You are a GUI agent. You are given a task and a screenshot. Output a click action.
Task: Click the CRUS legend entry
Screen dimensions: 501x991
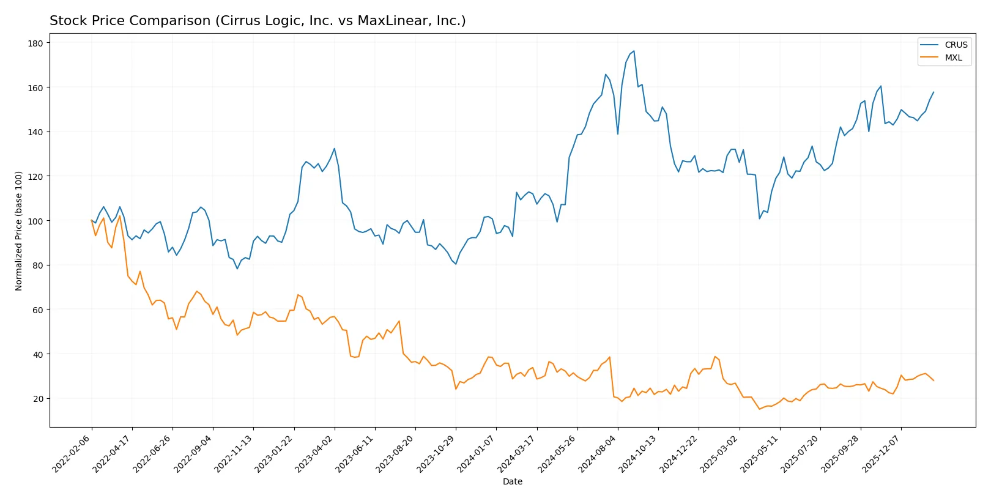[955, 45]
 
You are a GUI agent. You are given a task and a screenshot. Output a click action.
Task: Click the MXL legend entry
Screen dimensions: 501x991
[953, 58]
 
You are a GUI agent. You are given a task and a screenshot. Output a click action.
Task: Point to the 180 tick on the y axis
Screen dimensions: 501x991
[35, 43]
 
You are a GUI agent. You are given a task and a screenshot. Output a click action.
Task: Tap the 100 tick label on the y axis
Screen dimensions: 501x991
[35, 221]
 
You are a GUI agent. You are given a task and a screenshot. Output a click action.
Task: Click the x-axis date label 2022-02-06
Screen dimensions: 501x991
[73, 453]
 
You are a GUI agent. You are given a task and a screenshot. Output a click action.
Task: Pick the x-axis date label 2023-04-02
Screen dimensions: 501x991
[316, 453]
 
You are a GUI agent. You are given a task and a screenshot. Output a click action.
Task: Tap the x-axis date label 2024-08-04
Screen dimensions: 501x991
[599, 453]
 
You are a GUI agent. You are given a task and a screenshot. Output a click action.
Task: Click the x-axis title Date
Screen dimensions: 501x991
[512, 482]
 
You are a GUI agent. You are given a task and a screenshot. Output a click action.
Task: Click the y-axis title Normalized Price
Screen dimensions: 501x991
[19, 231]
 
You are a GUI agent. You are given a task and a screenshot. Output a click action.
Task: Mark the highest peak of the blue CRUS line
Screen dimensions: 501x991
[634, 51]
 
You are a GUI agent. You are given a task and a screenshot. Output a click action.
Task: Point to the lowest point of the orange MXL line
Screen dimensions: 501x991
[759, 409]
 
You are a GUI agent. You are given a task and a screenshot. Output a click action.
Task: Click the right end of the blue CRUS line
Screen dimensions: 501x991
[933, 92]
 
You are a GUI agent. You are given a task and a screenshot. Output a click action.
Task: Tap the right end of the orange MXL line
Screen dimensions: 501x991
[933, 380]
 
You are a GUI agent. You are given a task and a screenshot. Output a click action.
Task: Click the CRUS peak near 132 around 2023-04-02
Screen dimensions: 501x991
[334, 149]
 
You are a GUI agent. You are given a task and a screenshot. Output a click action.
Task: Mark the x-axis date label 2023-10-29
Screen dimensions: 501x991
[437, 453]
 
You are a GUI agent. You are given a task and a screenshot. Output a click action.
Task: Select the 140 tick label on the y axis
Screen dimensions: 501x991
[35, 132]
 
